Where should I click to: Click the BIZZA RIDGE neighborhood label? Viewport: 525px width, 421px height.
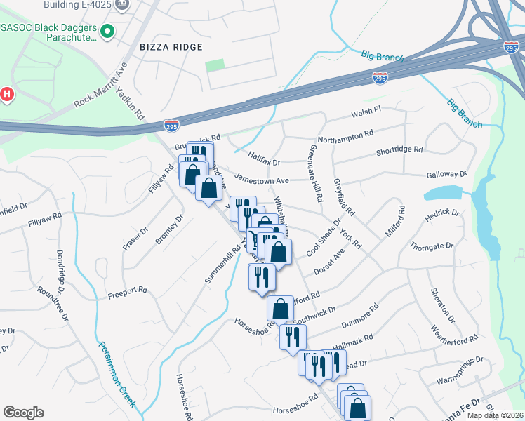click(x=171, y=47)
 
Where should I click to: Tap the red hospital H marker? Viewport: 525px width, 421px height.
click(x=7, y=94)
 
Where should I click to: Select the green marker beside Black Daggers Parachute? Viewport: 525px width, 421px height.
click(x=107, y=31)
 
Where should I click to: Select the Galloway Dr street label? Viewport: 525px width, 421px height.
click(x=446, y=173)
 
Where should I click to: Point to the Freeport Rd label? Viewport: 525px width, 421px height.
click(x=127, y=289)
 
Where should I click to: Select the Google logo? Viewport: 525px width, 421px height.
click(x=23, y=412)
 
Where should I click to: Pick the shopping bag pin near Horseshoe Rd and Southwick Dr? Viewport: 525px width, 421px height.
click(x=280, y=308)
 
